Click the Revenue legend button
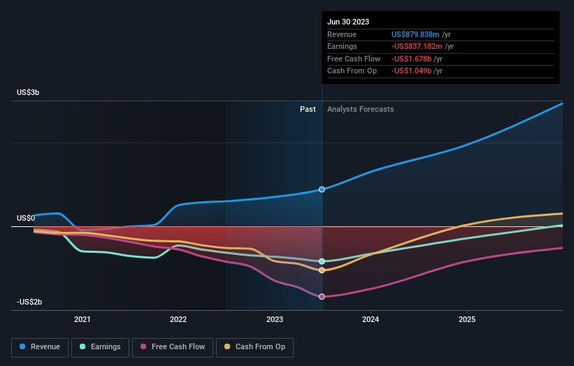pos(40,346)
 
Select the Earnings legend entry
pos(100,346)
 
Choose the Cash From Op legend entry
pos(254,346)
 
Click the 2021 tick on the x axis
pos(82,320)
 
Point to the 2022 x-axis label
pos(178,320)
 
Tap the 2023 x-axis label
pos(275,320)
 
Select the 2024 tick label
pos(371,320)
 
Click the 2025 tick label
pos(467,320)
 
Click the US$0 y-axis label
pos(27,218)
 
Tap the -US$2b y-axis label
pos(30,302)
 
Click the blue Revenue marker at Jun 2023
pos(322,189)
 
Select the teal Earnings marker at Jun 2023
pos(322,261)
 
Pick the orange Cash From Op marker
pos(322,270)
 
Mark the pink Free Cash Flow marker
pos(322,297)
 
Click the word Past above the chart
pos(308,109)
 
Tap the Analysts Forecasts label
pos(360,109)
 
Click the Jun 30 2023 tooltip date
pos(348,22)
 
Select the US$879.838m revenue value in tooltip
pos(416,34)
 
